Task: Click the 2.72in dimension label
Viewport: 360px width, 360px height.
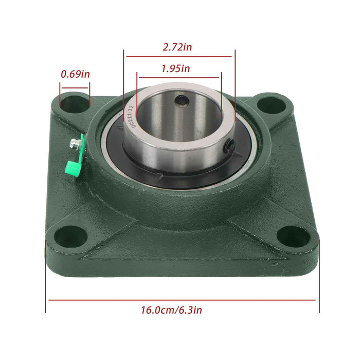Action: pyautogui.click(x=177, y=47)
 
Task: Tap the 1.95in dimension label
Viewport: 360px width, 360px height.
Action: pyautogui.click(x=175, y=68)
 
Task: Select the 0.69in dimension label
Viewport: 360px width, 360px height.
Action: pyautogui.click(x=75, y=74)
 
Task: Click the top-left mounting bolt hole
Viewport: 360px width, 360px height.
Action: pyautogui.click(x=75, y=102)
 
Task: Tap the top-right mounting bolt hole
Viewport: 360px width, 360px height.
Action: pyautogui.click(x=271, y=105)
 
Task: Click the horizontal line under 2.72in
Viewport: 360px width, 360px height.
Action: pyautogui.click(x=179, y=57)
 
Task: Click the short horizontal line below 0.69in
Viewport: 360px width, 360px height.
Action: pyautogui.click(x=75, y=88)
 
